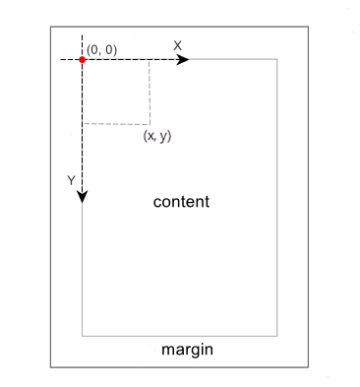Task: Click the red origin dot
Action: coord(82,60)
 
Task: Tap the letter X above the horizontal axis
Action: coord(177,45)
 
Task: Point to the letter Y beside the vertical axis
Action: coord(70,180)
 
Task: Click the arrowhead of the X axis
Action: coord(183,60)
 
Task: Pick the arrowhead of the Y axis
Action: coord(82,197)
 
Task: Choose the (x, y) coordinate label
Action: coord(157,136)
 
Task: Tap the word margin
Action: coord(187,350)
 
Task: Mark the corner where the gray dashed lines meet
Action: coord(150,124)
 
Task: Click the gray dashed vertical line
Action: coord(150,93)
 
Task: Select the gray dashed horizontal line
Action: coord(116,124)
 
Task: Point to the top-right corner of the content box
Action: coord(277,60)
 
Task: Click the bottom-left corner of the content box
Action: coord(82,335)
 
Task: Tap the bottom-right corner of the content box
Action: coord(277,335)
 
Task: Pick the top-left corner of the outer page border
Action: coord(51,28)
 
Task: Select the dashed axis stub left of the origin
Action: coord(67,60)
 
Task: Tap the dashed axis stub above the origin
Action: coord(82,44)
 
